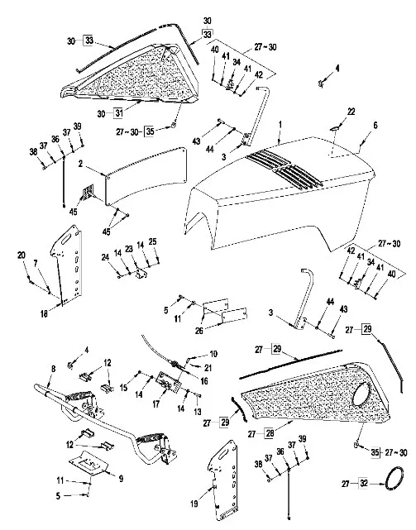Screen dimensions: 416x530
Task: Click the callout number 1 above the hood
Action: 280,125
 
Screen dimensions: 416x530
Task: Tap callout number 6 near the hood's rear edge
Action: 375,126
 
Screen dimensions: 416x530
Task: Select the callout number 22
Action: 351,112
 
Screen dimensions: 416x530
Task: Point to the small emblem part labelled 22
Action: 335,128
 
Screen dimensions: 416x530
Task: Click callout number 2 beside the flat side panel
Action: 80,164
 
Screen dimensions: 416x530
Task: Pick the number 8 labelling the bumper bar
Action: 54,369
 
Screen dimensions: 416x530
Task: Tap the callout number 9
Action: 121,479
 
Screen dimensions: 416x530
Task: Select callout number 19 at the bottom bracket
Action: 194,504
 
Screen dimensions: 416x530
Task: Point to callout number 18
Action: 44,313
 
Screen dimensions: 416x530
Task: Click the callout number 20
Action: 22,255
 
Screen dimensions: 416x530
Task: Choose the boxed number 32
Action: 364,484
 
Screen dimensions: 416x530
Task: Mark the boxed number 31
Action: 118,113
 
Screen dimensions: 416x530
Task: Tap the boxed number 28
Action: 270,433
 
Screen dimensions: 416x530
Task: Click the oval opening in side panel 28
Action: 361,394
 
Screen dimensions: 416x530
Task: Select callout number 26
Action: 198,330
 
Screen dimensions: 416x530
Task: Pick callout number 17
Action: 156,404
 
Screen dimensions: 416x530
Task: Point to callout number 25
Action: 152,241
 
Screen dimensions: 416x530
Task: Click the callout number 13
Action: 198,412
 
